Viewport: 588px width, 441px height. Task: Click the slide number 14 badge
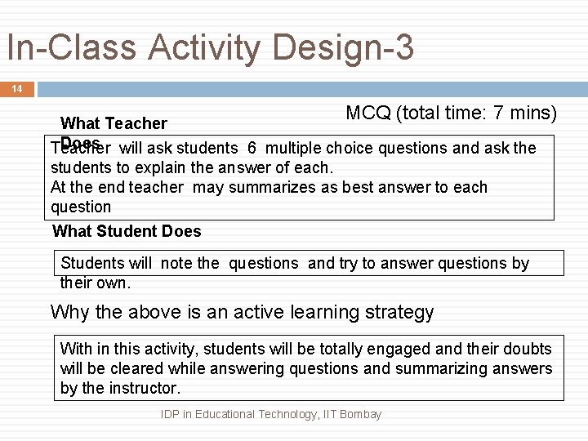[17, 89]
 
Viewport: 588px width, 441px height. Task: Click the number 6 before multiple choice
[252, 148]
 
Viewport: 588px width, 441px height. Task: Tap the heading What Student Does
[127, 231]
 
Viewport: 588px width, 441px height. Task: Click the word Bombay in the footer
[360, 414]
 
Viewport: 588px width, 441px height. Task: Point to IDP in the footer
[171, 414]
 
